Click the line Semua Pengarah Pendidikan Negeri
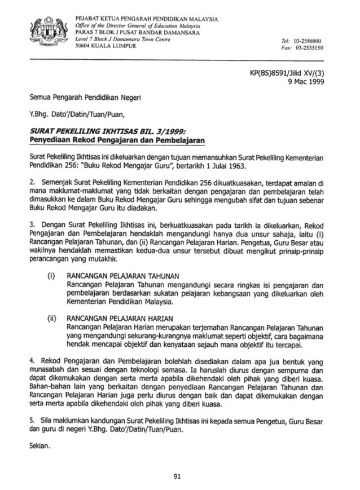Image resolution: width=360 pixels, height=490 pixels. point(83,97)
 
